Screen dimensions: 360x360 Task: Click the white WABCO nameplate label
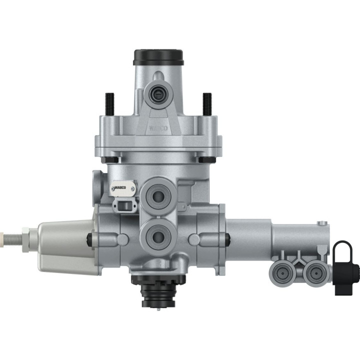pos(124,187)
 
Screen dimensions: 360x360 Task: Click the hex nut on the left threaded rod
pos(23,234)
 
